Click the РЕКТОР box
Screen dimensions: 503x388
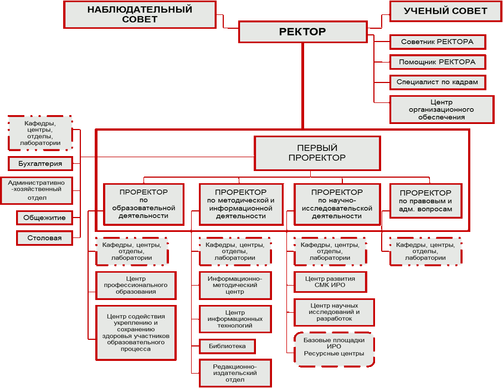[x=303, y=32]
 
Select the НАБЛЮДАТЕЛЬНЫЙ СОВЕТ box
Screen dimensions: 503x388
[x=140, y=15]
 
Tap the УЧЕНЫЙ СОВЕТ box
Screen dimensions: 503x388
[x=445, y=11]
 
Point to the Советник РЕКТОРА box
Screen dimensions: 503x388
[x=438, y=42]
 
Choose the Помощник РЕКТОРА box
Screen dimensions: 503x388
[x=438, y=62]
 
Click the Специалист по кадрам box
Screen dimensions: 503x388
[x=438, y=82]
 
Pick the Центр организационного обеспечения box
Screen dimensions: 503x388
[x=442, y=110]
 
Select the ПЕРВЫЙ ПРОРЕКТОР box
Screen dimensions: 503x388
[x=317, y=153]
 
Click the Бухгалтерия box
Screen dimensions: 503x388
[x=40, y=163]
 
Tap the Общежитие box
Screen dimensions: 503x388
[x=44, y=218]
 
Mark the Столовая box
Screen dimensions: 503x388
[x=44, y=238]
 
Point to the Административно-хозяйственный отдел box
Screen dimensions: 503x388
[x=37, y=190]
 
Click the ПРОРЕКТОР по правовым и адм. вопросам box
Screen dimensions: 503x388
[x=425, y=201]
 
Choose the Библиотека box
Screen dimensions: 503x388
[x=228, y=346]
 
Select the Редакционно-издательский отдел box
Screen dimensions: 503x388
[x=235, y=373]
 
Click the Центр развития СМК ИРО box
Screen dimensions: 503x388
[x=330, y=282]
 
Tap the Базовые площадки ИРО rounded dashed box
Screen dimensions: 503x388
[x=334, y=350]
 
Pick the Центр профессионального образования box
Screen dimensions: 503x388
[x=136, y=286]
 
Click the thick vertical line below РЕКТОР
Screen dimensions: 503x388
[x=302, y=86]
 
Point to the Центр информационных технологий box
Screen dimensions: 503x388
[x=235, y=319]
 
